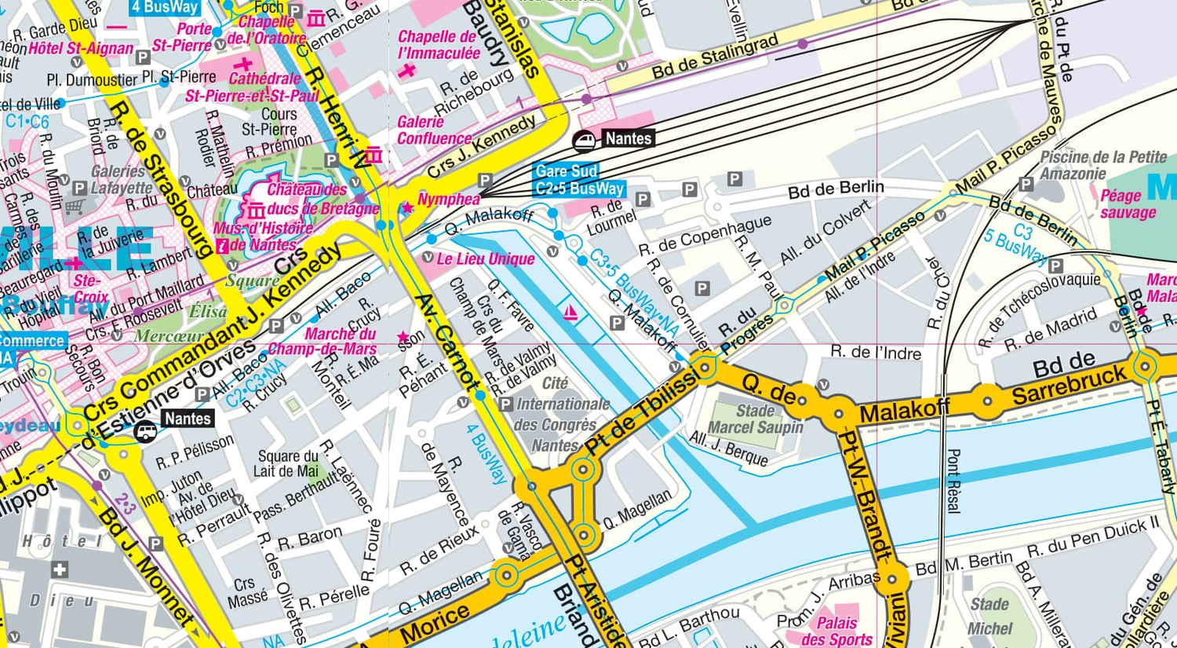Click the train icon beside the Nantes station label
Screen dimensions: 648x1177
point(585,140)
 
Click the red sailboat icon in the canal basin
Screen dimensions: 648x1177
point(571,313)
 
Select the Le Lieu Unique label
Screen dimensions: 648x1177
point(485,259)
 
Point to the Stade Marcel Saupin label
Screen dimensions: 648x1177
point(755,419)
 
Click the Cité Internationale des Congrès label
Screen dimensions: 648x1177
point(562,415)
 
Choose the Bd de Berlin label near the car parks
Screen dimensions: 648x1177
point(836,189)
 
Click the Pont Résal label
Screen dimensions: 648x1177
point(953,481)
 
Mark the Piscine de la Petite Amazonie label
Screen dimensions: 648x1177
point(1102,165)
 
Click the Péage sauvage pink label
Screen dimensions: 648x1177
point(1128,204)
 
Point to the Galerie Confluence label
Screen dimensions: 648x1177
point(434,130)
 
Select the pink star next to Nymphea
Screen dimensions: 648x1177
point(407,208)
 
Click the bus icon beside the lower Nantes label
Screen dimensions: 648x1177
point(146,431)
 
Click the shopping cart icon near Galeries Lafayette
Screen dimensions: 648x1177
point(75,207)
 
